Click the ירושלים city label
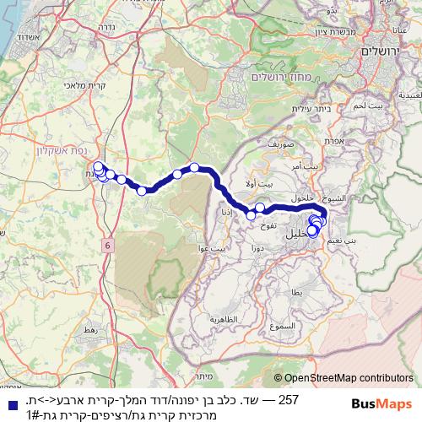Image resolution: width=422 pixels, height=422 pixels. (x=384, y=51)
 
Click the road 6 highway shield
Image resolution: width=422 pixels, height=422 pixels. (x=108, y=245)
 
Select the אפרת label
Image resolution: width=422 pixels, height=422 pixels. (x=333, y=142)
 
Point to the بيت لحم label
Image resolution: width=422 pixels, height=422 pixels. (x=346, y=105)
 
